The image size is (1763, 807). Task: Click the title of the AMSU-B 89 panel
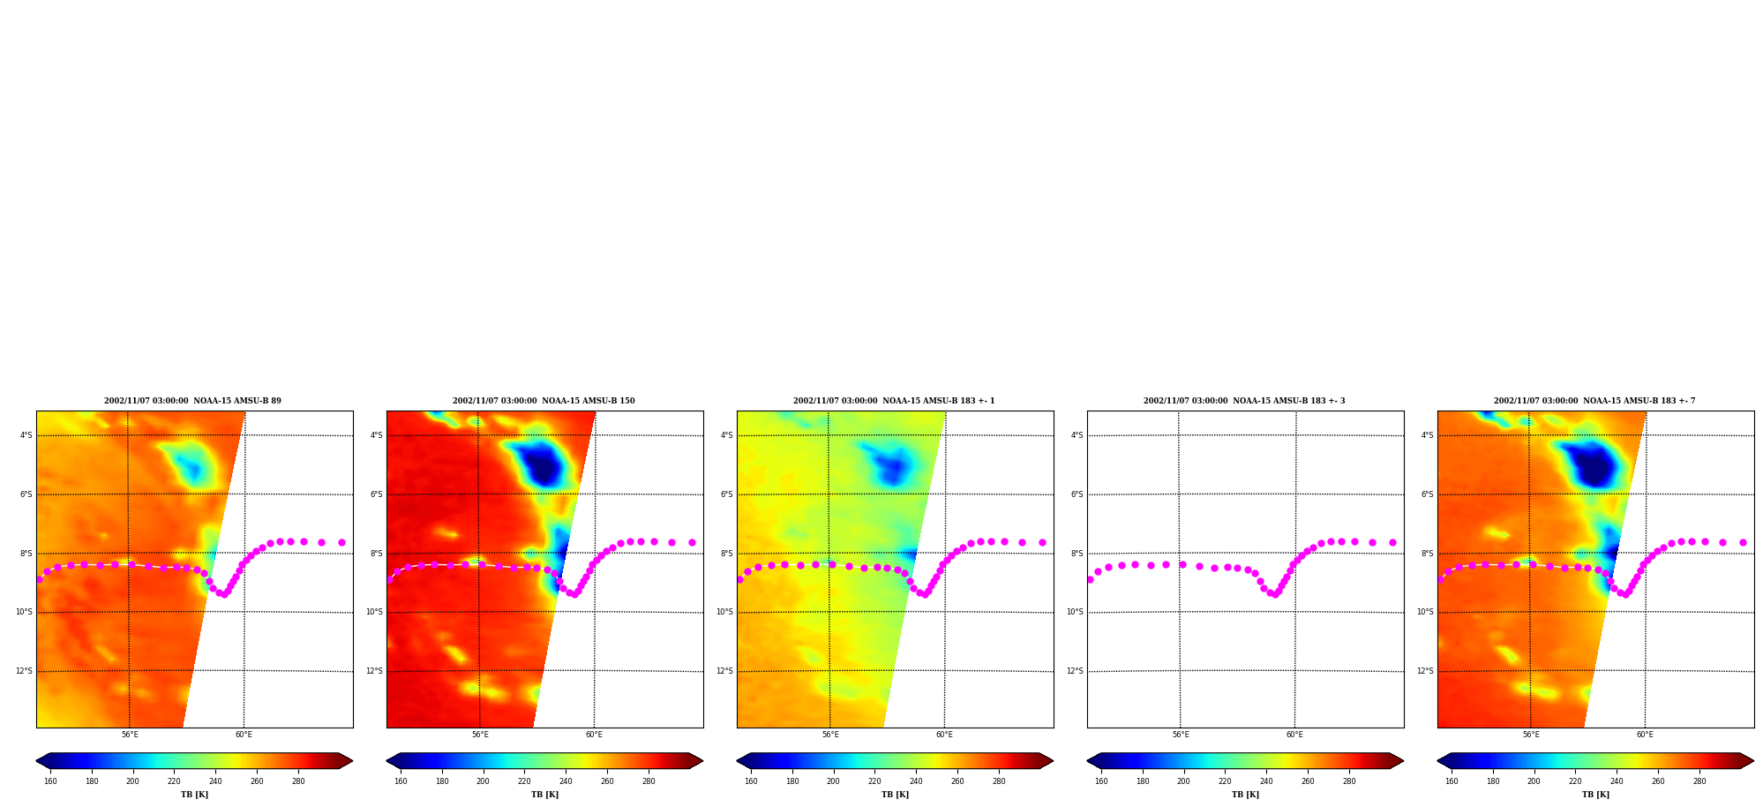(192, 401)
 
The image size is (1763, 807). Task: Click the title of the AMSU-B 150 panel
(544, 401)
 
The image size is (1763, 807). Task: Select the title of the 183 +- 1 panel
(894, 401)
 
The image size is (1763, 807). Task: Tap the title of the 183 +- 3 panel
(1244, 401)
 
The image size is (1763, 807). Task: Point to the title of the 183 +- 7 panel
(1594, 401)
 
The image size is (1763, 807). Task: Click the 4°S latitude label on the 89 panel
(26, 435)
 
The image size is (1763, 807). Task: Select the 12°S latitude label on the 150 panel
(374, 671)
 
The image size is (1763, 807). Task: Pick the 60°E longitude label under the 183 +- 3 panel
(1294, 735)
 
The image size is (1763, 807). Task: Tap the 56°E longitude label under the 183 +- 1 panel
(830, 735)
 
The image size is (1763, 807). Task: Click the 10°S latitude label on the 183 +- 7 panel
(1425, 612)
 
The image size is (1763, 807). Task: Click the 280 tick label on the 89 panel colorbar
(298, 781)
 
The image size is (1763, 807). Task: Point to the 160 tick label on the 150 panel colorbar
(401, 781)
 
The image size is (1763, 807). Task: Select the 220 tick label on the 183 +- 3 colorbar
(1225, 781)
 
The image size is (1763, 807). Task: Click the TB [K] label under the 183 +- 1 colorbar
(895, 795)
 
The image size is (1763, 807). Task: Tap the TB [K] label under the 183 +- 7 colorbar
(1595, 795)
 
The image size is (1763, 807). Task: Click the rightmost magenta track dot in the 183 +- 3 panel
(1392, 542)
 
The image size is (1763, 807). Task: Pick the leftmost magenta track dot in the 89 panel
(39, 579)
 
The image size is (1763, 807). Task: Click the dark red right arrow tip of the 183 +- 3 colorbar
(1402, 761)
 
